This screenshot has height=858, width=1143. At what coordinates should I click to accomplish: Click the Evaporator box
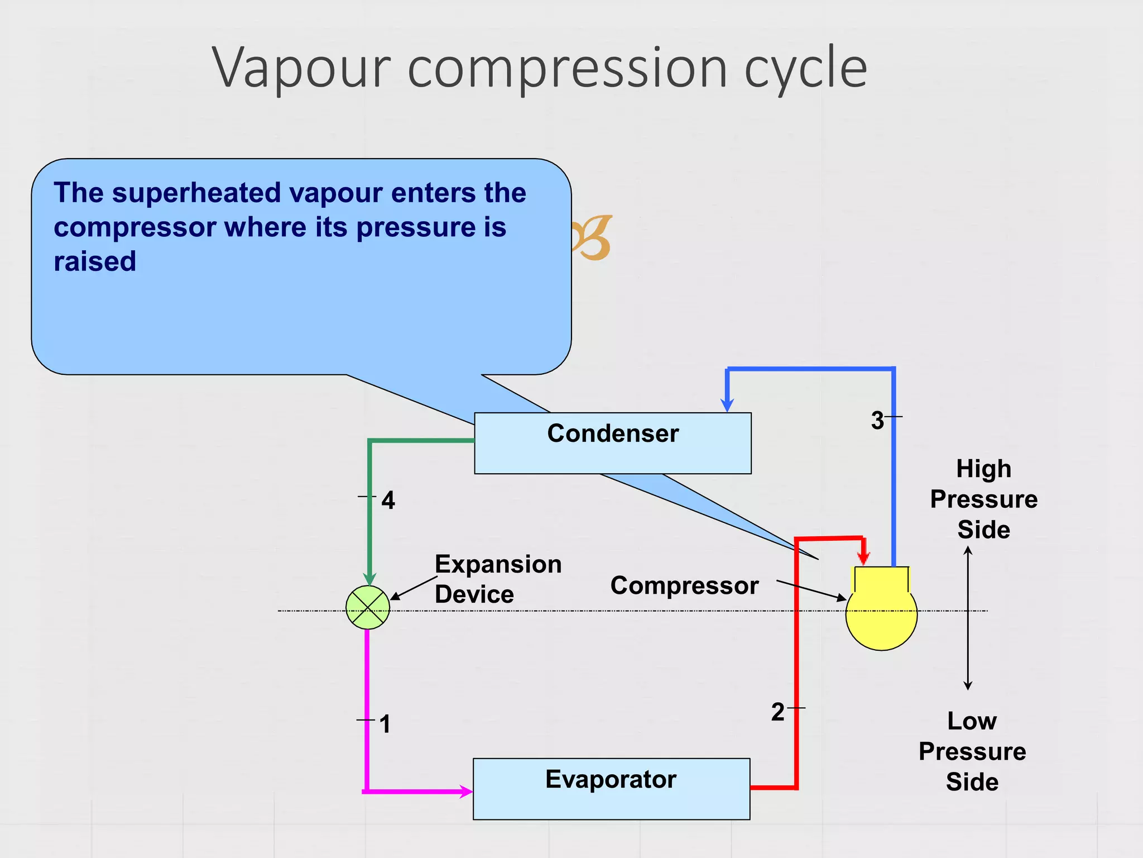click(x=611, y=788)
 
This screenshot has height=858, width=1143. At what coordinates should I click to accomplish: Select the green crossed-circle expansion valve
click(x=368, y=607)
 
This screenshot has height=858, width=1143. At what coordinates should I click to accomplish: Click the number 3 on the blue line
click(x=877, y=420)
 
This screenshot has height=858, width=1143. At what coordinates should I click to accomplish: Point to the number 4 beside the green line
click(x=388, y=500)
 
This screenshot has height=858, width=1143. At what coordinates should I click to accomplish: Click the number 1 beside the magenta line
click(x=385, y=724)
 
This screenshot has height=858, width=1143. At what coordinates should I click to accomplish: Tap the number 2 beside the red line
click(x=778, y=712)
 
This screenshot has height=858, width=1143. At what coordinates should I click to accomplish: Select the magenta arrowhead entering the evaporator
click(x=465, y=791)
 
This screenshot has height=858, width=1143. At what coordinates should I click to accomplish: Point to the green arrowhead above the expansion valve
click(x=369, y=579)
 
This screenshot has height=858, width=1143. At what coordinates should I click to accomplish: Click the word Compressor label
click(x=684, y=585)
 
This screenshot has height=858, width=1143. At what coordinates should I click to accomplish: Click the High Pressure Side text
click(x=983, y=499)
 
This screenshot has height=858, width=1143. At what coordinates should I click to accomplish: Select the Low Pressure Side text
click(x=972, y=751)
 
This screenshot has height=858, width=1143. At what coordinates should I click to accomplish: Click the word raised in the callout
click(x=95, y=261)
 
